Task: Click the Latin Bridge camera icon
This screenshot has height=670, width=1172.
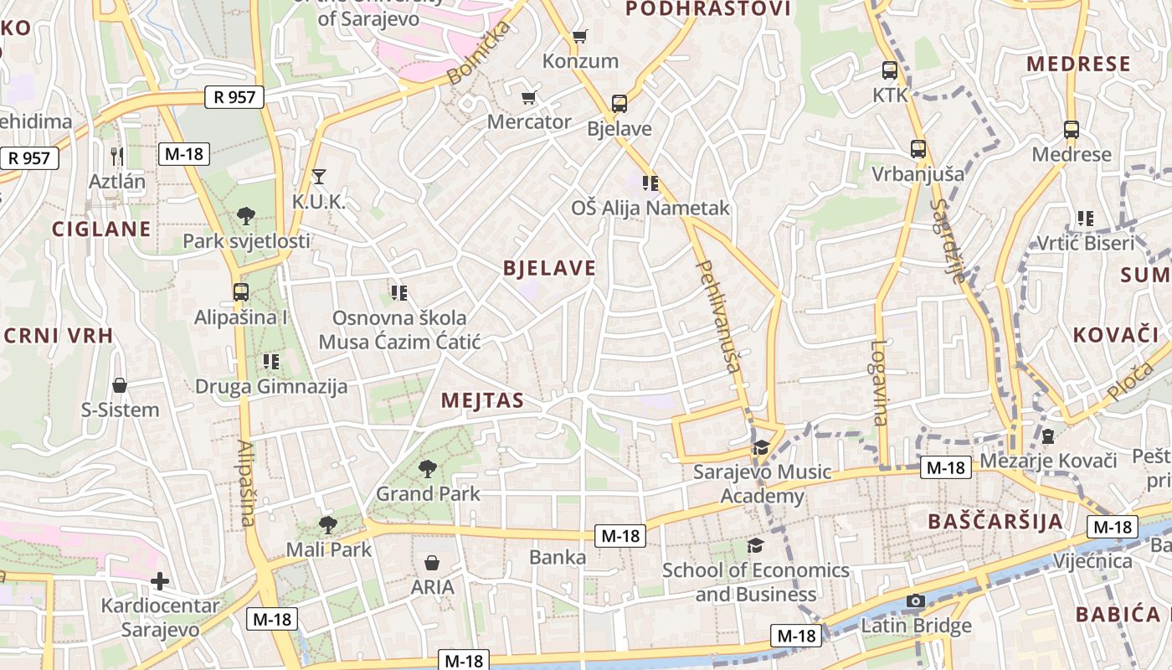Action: coord(915,601)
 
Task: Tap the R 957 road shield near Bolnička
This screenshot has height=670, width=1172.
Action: coord(234,97)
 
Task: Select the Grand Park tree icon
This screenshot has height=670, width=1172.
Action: coord(428,468)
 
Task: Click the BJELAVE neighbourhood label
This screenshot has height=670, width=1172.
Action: coord(549,268)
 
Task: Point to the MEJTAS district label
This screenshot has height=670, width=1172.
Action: coord(482,400)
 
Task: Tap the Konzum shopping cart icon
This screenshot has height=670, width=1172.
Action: coord(579,37)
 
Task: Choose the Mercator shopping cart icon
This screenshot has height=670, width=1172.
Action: coord(528,98)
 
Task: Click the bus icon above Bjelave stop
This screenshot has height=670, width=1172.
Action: coord(619,104)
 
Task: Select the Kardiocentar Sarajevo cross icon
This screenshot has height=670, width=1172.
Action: coord(160,580)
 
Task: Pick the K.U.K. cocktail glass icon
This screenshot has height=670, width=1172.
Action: coord(318,176)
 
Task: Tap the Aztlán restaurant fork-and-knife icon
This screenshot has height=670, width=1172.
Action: coord(117,156)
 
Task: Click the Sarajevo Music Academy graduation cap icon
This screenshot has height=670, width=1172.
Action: coord(760,448)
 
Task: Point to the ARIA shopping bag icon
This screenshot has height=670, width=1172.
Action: coord(432,562)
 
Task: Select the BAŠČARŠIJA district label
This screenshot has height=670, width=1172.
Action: coord(995,522)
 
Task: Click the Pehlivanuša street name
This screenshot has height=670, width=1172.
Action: coord(719,317)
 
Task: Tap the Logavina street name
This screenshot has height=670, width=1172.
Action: coord(878,382)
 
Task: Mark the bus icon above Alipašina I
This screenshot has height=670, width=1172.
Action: coord(241,292)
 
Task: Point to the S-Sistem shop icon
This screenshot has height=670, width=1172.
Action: coord(120,385)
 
